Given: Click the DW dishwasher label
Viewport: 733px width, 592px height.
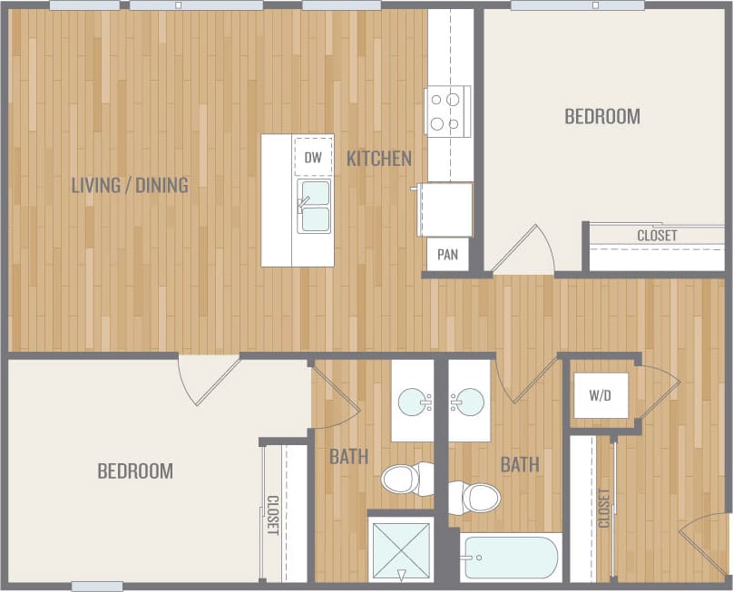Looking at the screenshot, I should [x=313, y=158].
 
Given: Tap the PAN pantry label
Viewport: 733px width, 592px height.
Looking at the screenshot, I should [x=447, y=255].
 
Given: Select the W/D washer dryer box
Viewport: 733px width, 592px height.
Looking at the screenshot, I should [x=599, y=396].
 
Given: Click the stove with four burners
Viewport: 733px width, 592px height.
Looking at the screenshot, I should [x=447, y=111].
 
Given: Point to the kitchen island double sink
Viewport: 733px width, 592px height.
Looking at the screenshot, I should [x=314, y=206].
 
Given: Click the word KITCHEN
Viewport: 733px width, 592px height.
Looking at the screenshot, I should [x=379, y=159].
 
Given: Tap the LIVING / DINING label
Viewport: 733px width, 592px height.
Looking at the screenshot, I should [x=130, y=185].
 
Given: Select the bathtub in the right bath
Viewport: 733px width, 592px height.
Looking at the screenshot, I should [x=509, y=558].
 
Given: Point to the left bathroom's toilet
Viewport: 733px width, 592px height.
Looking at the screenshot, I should [x=406, y=478].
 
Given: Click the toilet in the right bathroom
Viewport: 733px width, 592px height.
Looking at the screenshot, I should [x=477, y=497].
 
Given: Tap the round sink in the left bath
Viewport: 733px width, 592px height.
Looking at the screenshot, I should [x=414, y=401].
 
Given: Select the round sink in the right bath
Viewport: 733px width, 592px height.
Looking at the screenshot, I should [x=469, y=401].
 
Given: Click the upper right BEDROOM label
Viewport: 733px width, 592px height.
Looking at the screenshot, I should [x=601, y=116].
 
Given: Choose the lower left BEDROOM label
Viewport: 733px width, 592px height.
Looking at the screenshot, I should [x=134, y=471].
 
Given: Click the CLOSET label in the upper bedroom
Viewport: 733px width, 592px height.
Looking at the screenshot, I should [x=657, y=236].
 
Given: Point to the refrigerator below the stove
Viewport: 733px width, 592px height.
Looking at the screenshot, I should [x=445, y=209].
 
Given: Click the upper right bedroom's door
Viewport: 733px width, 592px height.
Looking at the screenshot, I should [x=524, y=249].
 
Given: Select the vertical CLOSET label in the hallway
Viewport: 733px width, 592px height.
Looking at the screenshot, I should [x=604, y=509].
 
